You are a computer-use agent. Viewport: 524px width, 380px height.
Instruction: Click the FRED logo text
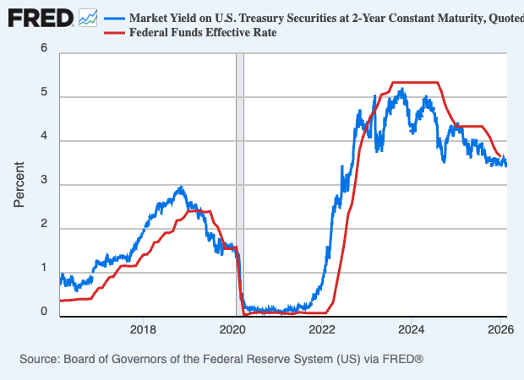point(38,17)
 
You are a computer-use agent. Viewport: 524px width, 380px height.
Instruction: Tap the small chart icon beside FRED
point(88,17)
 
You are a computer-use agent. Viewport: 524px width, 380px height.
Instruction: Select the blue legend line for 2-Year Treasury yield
point(113,18)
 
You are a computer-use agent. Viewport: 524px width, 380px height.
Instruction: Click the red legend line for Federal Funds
point(113,33)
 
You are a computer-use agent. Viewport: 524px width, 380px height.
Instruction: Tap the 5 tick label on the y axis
point(43,95)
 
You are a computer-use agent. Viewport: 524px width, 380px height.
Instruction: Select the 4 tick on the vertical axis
point(43,139)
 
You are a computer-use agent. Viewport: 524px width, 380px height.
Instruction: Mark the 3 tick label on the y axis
point(43,183)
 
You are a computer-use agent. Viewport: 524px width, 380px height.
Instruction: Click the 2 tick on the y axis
point(43,227)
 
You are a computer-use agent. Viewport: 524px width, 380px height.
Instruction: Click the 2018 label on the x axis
point(144,329)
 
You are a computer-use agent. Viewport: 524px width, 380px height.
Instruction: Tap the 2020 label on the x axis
point(233,329)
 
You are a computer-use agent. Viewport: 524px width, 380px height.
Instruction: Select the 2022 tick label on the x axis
point(322,329)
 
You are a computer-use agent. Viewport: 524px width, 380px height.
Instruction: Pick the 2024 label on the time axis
point(412,329)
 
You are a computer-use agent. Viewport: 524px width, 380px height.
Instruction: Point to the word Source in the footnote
point(42,360)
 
